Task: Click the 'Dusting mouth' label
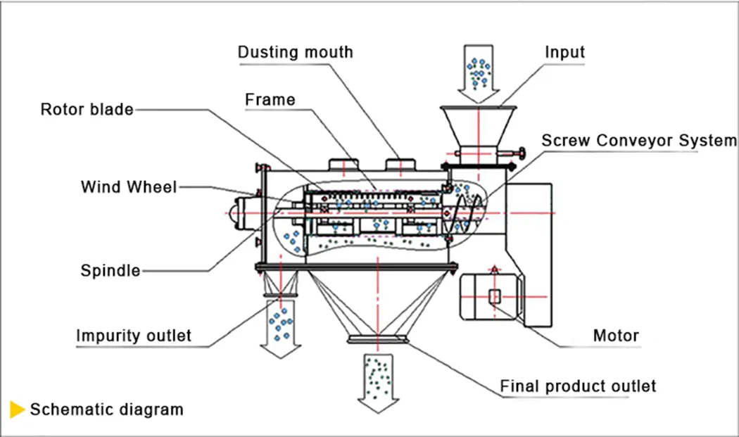coord(295,52)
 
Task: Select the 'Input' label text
coord(564,52)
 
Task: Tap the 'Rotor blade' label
coord(87,109)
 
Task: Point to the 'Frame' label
coord(270,99)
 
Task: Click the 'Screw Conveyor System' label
coord(638,140)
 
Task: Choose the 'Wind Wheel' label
coord(129,186)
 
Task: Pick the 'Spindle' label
coord(110,270)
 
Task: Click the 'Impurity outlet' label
coord(133,335)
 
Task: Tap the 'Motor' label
coord(616,335)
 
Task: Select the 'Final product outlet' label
coord(578,386)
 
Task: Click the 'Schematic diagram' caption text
coord(106,409)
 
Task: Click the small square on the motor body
coord(495,296)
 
